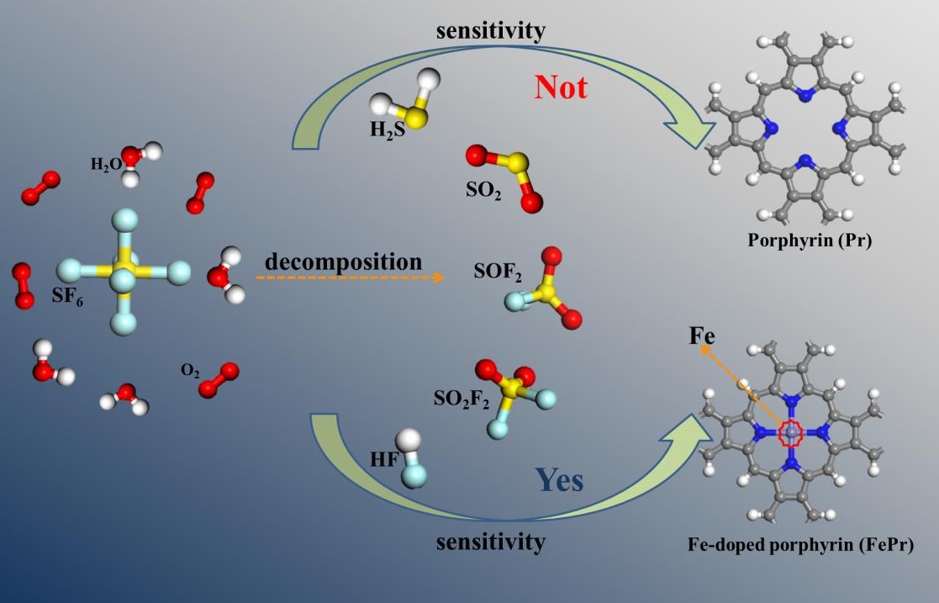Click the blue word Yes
pyautogui.click(x=560, y=480)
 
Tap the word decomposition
pyautogui.click(x=343, y=262)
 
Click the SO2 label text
pyautogui.click(x=483, y=190)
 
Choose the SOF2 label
pyautogui.click(x=496, y=273)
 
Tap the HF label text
pyautogui.click(x=382, y=460)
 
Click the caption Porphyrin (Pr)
pyautogui.click(x=810, y=241)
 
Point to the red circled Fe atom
pyautogui.click(x=792, y=433)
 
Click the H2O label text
pyautogui.click(x=106, y=164)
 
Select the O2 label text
pyautogui.click(x=190, y=370)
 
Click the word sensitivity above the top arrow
pyautogui.click(x=490, y=31)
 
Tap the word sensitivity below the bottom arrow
pyautogui.click(x=490, y=542)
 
